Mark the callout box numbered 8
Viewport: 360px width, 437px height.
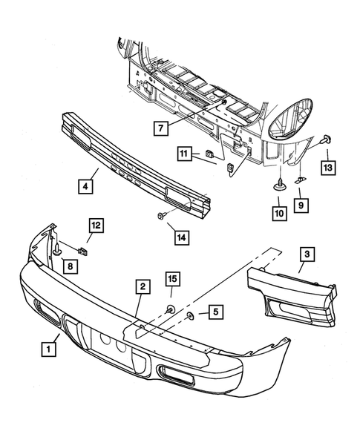coord(69,265)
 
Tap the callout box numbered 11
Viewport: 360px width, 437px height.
coord(183,154)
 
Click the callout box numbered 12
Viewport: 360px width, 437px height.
coord(97,225)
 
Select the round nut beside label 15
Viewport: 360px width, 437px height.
coord(170,309)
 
